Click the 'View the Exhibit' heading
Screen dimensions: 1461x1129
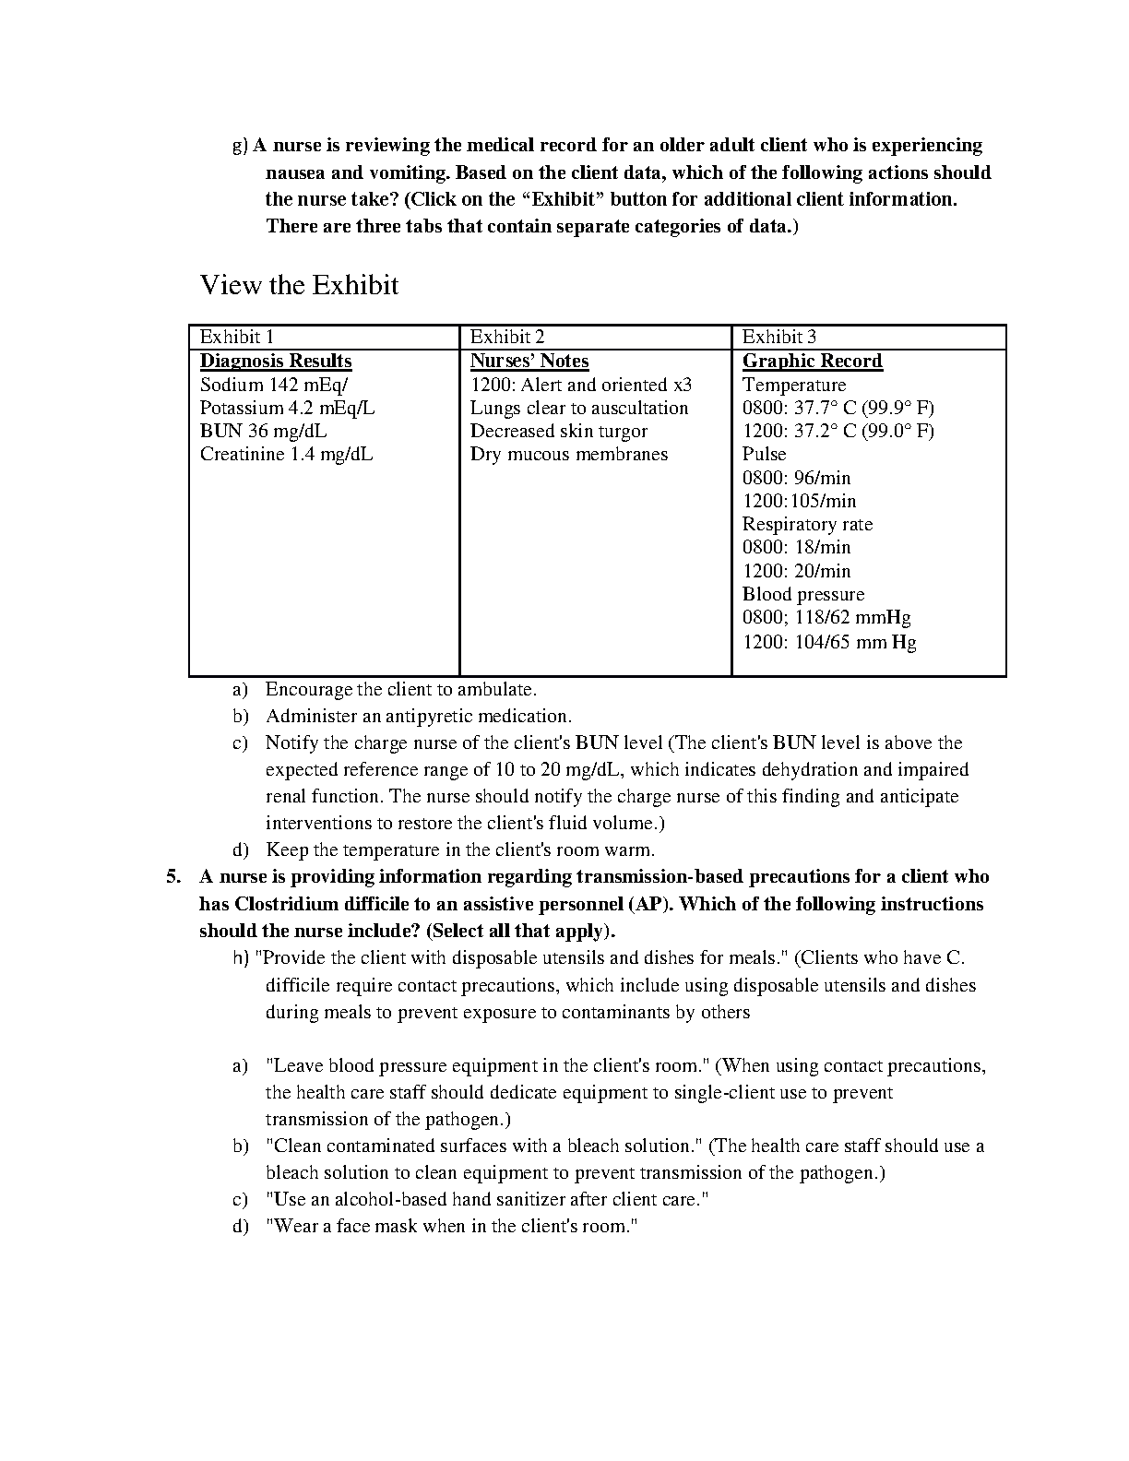299,285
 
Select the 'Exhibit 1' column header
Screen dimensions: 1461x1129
236,337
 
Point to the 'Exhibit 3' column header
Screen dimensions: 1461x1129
779,337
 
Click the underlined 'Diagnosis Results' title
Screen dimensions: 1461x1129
276,361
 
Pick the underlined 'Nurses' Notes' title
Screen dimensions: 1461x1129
529,361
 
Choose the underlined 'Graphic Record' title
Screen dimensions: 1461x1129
813,361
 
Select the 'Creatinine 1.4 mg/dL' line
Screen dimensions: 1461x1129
286,454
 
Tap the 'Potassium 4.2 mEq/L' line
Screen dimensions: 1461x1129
287,408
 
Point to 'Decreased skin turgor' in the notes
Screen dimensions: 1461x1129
559,431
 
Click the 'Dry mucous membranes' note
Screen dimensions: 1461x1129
569,454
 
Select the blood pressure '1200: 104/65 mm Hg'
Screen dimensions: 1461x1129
829,642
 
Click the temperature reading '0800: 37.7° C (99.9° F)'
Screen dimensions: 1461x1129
838,408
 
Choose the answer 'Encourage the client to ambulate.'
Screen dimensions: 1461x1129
401,689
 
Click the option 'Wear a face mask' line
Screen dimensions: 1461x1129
452,1226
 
